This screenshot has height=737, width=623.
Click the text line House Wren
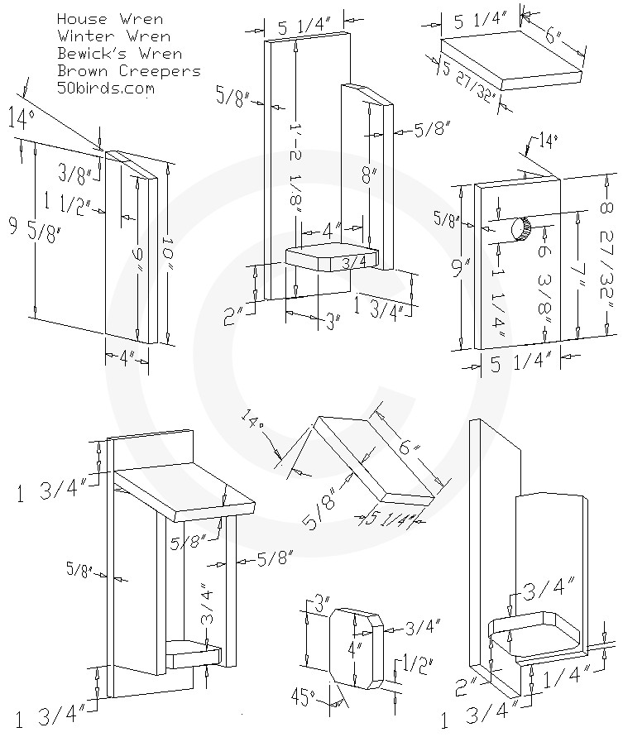[x=110, y=18]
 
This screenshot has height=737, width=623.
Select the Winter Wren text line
[x=114, y=36]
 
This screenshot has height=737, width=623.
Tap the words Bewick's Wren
[x=121, y=53]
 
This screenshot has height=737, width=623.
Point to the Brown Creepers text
[x=129, y=71]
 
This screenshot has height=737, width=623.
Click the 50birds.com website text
[x=106, y=89]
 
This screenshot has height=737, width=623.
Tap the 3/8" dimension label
[x=78, y=171]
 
